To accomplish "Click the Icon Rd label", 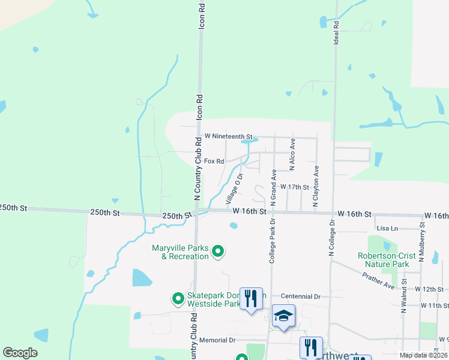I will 202,13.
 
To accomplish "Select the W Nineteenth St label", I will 229,137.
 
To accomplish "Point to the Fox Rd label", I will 214,161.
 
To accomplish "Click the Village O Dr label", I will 234,188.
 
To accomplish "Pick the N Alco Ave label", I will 292,153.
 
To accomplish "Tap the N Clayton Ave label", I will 315,187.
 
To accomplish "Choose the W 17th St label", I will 294,187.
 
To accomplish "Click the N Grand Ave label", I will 273,187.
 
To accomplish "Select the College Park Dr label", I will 271,241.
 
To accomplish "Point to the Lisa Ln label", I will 387,229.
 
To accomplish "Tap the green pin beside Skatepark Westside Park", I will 178,298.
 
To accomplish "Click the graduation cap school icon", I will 283,316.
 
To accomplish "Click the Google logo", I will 20,353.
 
